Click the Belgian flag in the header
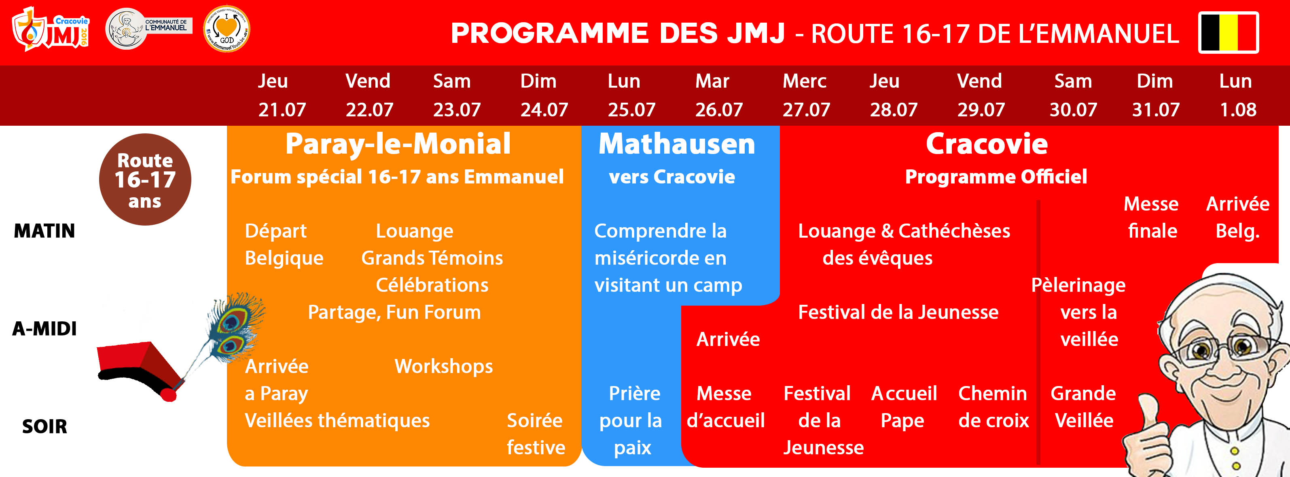(x=1229, y=32)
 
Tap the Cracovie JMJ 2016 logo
(x=51, y=29)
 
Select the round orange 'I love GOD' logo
(x=227, y=29)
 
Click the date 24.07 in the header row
(x=544, y=110)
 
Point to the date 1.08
(x=1238, y=110)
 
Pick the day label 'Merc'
(x=804, y=81)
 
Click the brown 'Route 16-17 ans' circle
(x=145, y=179)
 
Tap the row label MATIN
(x=44, y=231)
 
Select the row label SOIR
(x=44, y=426)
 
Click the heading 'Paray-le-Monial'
(x=398, y=144)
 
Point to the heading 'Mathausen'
(x=677, y=144)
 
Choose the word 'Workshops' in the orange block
(x=444, y=366)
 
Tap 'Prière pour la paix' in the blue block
(x=632, y=420)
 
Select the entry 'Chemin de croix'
(x=993, y=407)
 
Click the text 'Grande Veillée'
(x=1084, y=407)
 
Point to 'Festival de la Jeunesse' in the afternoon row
(x=898, y=312)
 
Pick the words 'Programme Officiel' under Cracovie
(x=996, y=177)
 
